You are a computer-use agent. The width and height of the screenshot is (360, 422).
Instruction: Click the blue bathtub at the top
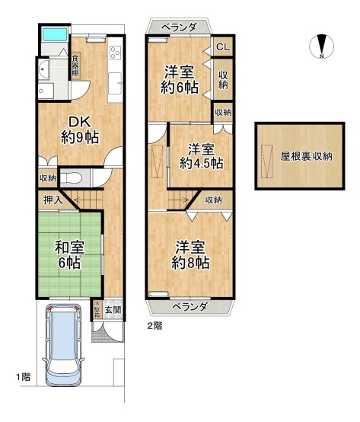coord(56,35)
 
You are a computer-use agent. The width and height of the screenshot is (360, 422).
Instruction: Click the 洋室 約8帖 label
coord(190,254)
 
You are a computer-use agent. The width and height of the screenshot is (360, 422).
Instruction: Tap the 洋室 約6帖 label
coord(180,79)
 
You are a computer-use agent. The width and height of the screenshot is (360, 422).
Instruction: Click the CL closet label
coord(222,47)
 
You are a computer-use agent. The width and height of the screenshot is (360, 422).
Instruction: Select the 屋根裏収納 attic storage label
coord(306,156)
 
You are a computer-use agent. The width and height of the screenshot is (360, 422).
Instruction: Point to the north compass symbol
coord(323,46)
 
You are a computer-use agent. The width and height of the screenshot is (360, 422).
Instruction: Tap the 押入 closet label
coord(51,200)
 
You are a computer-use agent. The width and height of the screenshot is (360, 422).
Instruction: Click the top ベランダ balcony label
coord(183,27)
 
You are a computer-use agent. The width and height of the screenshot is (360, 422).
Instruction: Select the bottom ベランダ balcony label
coord(187,306)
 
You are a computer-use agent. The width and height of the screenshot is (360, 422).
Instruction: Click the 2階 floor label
coord(155,325)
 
